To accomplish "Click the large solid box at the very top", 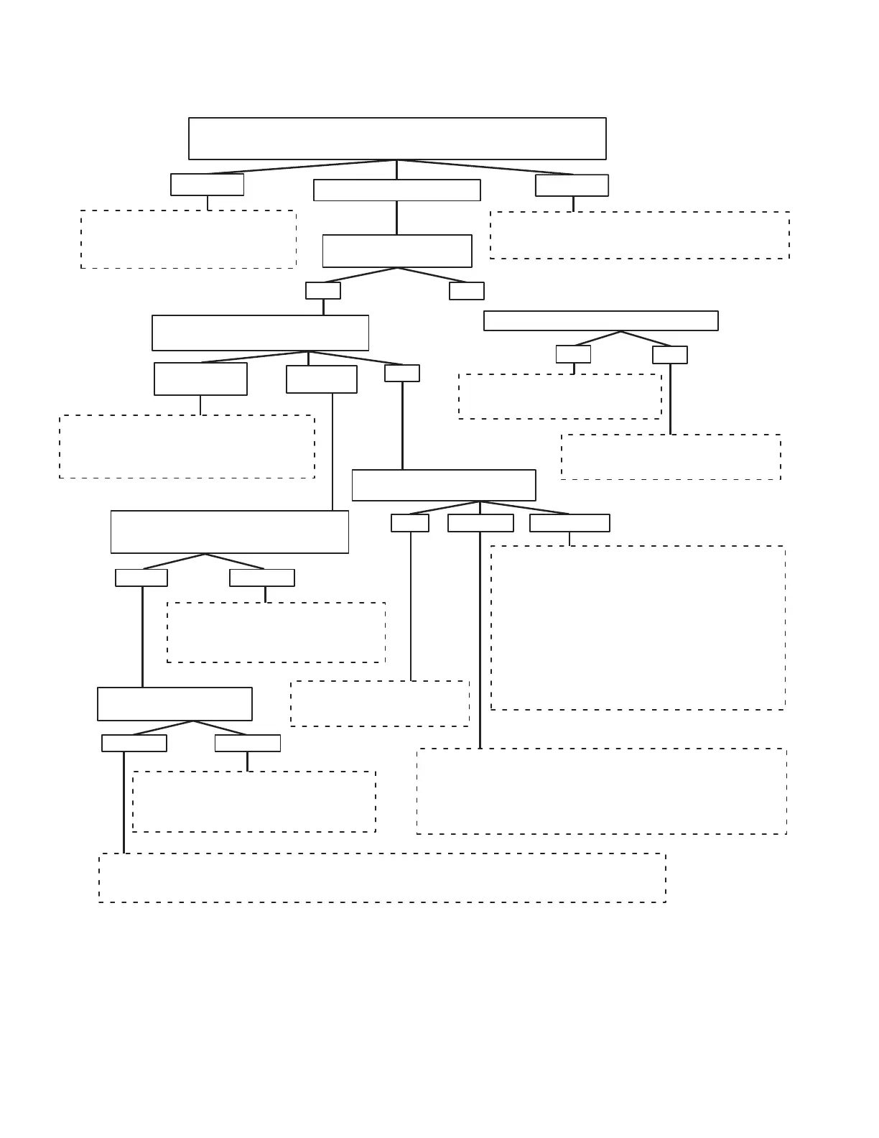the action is [x=397, y=139].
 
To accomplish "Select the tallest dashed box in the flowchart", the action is [x=638, y=628].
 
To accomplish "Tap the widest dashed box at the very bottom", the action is [x=382, y=878].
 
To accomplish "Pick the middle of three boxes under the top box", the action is [x=397, y=190].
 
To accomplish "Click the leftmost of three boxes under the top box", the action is [x=207, y=185].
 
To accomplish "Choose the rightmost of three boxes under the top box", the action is [x=572, y=185].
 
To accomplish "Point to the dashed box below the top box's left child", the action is [x=188, y=239].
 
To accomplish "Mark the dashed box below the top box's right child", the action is [x=640, y=235].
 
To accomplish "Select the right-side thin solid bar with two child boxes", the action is [x=601, y=321].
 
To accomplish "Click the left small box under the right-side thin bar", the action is [x=573, y=354].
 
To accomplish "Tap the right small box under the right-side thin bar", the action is [x=670, y=355].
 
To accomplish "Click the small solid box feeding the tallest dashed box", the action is [x=569, y=523].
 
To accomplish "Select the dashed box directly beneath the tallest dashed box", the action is [x=602, y=791].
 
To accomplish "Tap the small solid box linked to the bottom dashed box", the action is [x=134, y=743].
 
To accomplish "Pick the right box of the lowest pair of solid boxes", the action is [x=248, y=743].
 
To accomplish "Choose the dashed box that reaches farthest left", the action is [x=187, y=447].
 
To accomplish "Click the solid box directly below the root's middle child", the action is [x=397, y=251].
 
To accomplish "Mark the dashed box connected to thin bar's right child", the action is [x=671, y=457].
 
